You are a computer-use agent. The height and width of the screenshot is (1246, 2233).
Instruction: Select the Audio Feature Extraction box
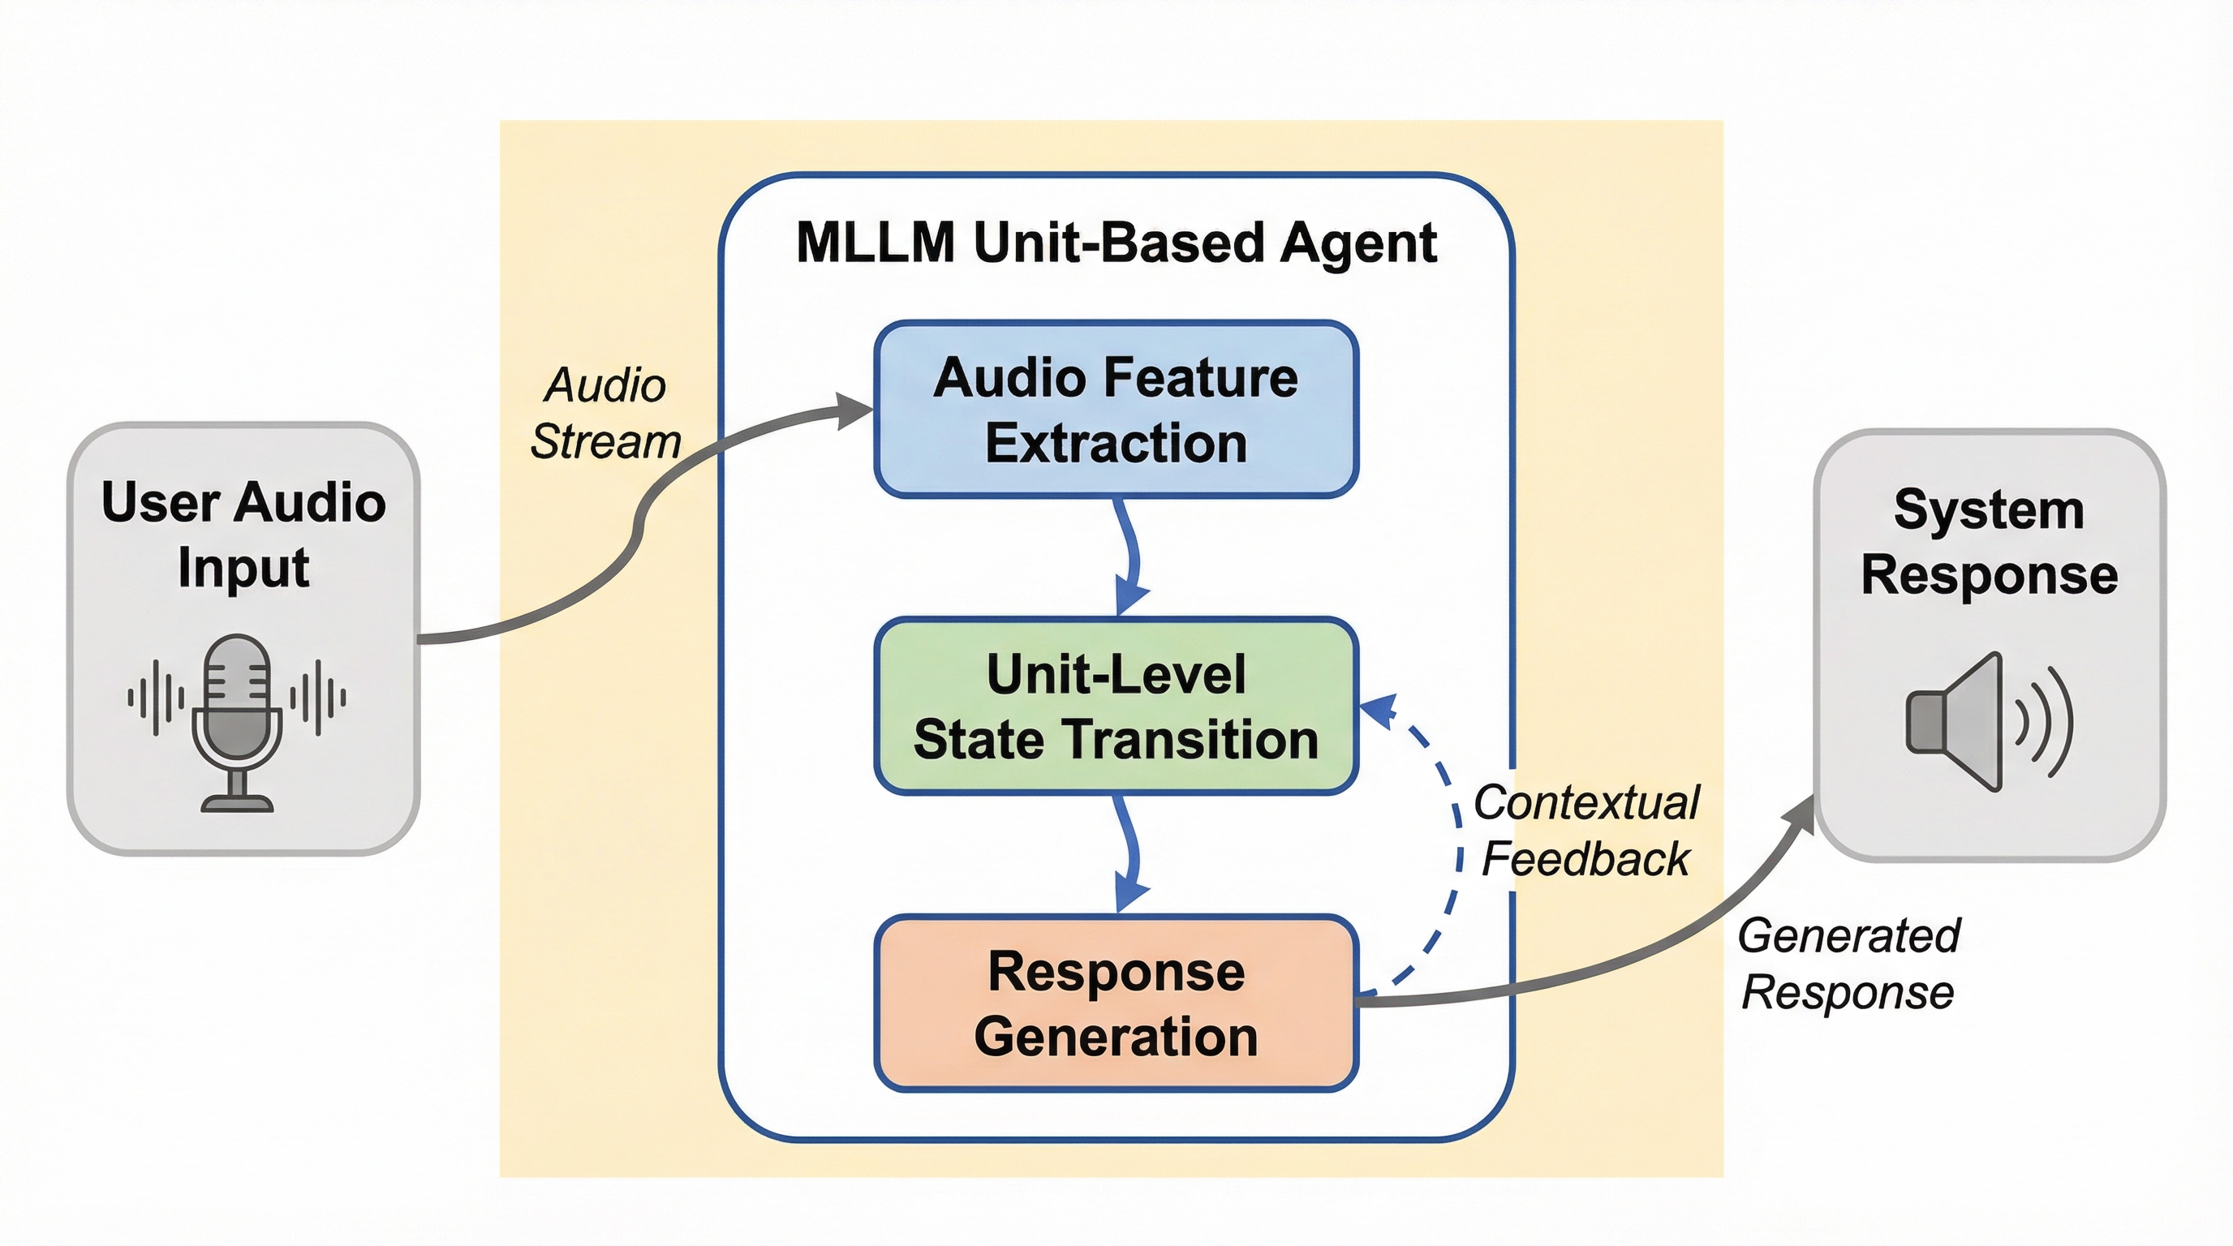point(1116,409)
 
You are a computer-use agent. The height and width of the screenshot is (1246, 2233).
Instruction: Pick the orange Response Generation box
point(1116,1003)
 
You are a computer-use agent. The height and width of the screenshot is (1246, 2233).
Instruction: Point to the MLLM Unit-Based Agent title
point(1116,243)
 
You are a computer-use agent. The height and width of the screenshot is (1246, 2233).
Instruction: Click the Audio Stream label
point(605,414)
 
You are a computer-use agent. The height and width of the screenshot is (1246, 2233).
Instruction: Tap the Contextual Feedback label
point(1585,830)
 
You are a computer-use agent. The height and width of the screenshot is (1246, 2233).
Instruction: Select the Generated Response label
point(1848,964)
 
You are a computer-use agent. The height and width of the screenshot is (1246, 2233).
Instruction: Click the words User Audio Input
point(243,534)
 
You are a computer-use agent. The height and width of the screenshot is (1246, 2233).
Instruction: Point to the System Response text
point(1989,542)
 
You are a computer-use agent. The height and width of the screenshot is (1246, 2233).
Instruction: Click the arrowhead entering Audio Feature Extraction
point(854,410)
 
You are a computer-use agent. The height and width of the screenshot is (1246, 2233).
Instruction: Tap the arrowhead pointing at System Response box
point(1800,813)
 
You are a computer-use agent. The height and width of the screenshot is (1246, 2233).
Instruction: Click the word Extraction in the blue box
point(1116,444)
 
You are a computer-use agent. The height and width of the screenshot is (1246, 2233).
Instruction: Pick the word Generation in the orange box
point(1116,1037)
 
